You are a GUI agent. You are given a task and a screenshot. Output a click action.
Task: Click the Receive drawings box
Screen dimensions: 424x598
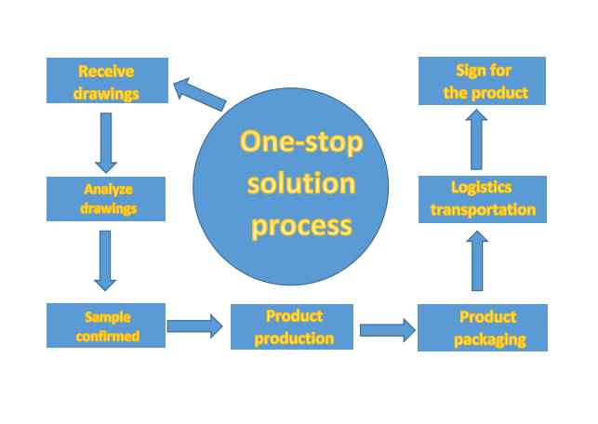click(107, 81)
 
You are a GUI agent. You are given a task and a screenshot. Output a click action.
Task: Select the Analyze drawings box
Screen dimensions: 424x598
click(106, 199)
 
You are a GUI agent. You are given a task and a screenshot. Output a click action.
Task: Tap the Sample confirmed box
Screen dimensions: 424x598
click(106, 325)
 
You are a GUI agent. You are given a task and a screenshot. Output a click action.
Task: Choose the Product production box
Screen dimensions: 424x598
click(292, 326)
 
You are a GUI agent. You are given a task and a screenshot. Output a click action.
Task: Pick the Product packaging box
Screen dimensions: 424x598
click(483, 327)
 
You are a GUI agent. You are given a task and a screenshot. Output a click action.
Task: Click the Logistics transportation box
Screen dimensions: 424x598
click(482, 198)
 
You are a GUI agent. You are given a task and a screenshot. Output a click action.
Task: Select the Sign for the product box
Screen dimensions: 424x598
click(482, 81)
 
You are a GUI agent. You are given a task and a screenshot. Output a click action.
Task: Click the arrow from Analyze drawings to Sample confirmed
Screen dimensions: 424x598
click(105, 260)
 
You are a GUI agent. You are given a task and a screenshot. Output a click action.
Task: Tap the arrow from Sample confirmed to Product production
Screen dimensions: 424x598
click(195, 325)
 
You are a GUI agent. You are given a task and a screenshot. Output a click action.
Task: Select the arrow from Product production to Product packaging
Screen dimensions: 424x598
click(387, 328)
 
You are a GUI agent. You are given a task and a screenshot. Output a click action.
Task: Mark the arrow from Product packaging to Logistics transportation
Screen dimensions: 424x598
click(478, 262)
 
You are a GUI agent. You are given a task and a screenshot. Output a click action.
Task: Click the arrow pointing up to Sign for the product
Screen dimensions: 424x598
click(476, 139)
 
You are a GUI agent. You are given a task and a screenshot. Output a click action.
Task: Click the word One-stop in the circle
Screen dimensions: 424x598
click(301, 142)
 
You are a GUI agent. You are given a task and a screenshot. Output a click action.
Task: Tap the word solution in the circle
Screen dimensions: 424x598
click(300, 183)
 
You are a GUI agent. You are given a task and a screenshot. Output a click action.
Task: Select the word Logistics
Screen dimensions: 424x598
click(482, 187)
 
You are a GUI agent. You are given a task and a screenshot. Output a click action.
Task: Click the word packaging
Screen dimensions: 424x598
click(490, 339)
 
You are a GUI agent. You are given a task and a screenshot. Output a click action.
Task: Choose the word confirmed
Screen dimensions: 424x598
click(106, 336)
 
